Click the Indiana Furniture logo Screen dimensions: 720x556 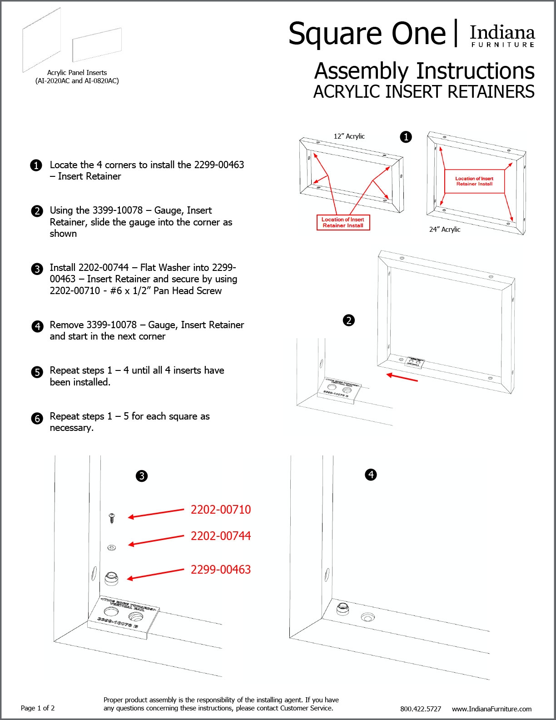(502, 35)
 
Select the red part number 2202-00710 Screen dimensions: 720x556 (220, 510)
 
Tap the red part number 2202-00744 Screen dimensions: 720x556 (220, 536)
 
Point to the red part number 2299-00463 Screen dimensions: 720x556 (220, 570)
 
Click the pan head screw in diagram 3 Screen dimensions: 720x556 (112, 517)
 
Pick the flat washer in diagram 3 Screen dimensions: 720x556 (111, 547)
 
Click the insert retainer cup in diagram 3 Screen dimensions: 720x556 (111, 578)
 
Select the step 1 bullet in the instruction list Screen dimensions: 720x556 (36, 165)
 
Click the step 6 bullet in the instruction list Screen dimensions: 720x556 (37, 418)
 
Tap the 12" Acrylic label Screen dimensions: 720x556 (349, 136)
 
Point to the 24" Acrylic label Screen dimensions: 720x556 (444, 230)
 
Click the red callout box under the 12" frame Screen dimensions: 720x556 (343, 222)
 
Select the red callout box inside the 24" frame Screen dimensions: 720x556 (474, 181)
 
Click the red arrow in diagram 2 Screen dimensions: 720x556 (402, 377)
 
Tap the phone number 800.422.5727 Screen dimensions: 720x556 (420, 709)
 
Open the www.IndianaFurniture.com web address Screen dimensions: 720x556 (491, 709)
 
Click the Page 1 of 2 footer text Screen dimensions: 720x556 (38, 708)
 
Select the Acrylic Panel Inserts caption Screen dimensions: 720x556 (77, 76)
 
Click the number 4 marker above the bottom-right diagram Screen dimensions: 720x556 (371, 475)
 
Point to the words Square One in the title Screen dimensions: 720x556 (367, 34)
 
